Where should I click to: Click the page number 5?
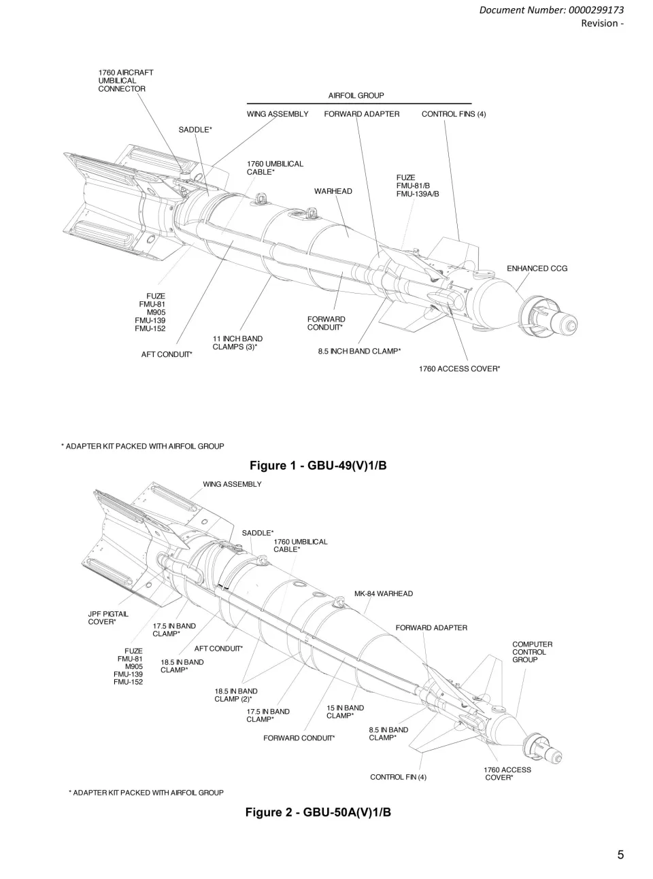click(x=620, y=855)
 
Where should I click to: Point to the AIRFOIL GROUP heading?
click(x=356, y=96)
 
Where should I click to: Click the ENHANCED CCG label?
click(x=537, y=269)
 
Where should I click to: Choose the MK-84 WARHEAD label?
click(x=383, y=593)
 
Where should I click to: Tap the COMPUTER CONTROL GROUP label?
click(x=532, y=652)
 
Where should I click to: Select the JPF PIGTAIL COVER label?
click(x=108, y=618)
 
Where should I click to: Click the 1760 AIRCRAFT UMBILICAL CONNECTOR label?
click(x=125, y=80)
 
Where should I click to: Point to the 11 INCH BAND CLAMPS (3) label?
click(x=237, y=343)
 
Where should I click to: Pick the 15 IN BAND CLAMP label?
click(x=345, y=712)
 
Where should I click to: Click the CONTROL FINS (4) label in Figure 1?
click(x=453, y=114)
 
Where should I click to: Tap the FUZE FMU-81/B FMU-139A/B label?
click(x=418, y=186)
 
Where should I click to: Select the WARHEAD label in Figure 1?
click(x=333, y=191)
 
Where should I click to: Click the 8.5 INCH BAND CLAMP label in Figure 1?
click(x=359, y=351)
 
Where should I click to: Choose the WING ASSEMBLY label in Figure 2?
click(x=232, y=484)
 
